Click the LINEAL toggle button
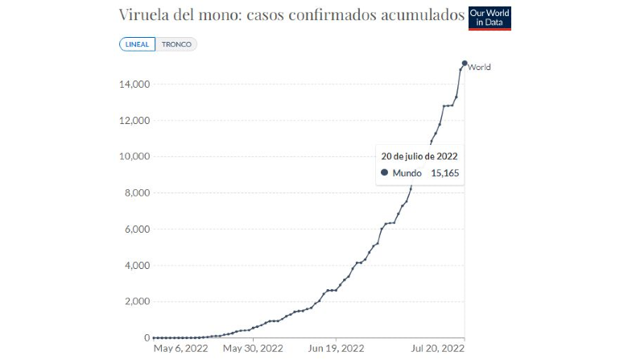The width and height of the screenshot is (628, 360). pyautogui.click(x=137, y=44)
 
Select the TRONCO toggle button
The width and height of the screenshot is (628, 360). pyautogui.click(x=176, y=44)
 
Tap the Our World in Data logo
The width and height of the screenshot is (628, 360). pyautogui.click(x=490, y=19)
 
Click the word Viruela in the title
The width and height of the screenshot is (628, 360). pyautogui.click(x=144, y=15)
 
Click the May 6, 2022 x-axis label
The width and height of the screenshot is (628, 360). pyautogui.click(x=181, y=349)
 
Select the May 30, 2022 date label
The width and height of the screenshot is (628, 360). pyautogui.click(x=252, y=349)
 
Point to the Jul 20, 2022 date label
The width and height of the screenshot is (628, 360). pyautogui.click(x=438, y=349)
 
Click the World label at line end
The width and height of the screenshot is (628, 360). pyautogui.click(x=479, y=68)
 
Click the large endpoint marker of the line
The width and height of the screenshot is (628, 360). pyautogui.click(x=465, y=63)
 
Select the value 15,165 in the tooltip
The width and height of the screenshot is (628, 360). pyautogui.click(x=444, y=172)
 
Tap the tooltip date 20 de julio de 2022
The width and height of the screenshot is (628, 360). pyautogui.click(x=419, y=156)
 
